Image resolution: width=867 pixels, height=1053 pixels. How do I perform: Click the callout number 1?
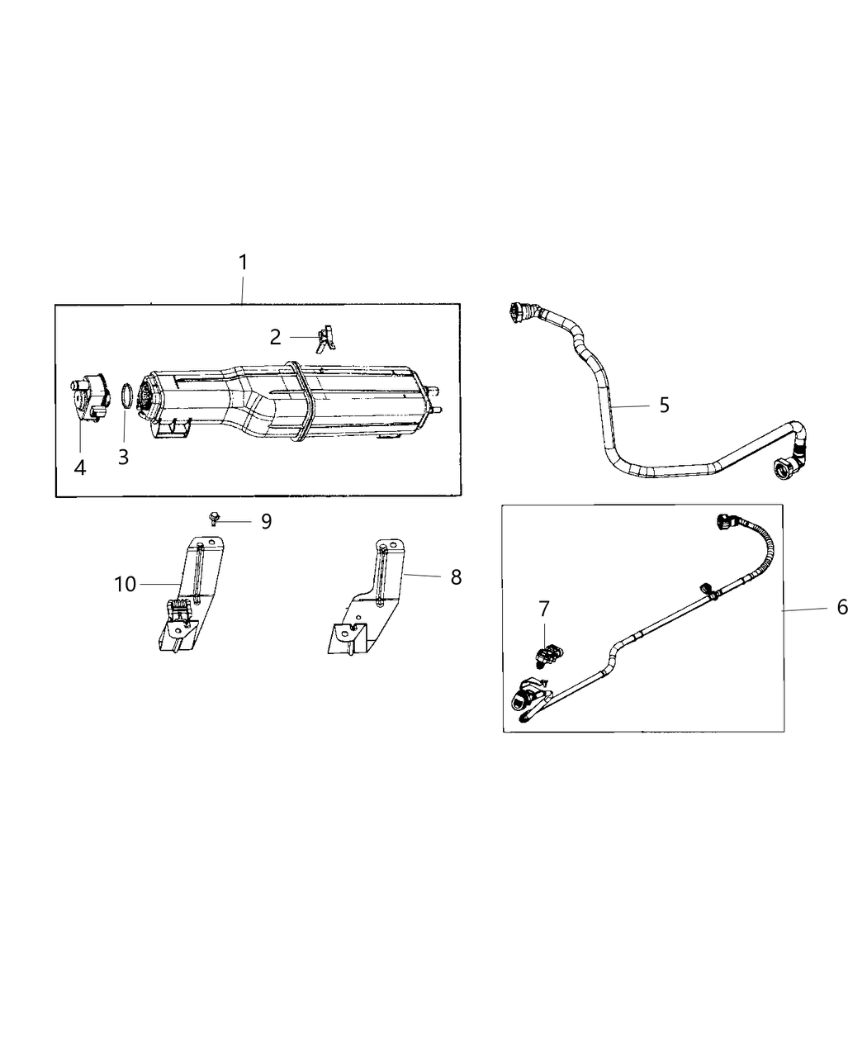[243, 263]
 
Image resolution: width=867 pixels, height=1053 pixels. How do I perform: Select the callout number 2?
[275, 337]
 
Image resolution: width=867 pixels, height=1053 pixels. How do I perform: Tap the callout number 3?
[123, 457]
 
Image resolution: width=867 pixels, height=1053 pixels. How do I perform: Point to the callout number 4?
[79, 467]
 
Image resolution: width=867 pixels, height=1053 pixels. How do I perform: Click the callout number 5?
[664, 406]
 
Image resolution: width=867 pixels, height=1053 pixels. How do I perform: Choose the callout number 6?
[841, 607]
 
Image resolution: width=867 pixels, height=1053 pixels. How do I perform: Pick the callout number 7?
[543, 609]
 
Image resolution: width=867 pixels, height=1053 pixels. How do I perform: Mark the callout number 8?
[456, 577]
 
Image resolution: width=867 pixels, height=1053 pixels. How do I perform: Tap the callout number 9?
[266, 521]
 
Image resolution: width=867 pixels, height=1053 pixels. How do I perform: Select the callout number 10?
[125, 584]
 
